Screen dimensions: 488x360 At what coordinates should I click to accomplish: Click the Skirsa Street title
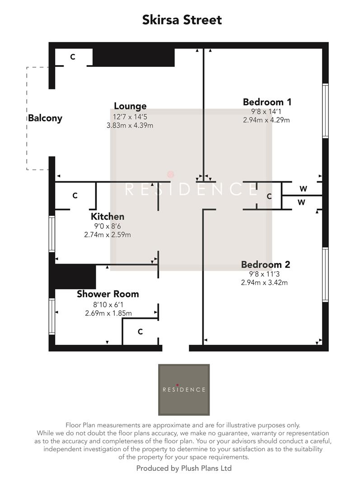click(x=182, y=20)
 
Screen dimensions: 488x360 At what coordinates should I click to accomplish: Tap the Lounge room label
click(x=130, y=106)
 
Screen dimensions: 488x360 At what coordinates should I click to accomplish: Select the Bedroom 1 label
click(x=267, y=102)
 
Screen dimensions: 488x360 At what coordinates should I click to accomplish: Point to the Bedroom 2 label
click(x=265, y=265)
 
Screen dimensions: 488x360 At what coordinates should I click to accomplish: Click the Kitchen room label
click(x=108, y=217)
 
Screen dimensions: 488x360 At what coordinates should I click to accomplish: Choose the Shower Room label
click(x=108, y=294)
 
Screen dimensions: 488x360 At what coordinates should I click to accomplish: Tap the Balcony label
click(x=45, y=118)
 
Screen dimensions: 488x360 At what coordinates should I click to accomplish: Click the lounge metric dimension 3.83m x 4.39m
click(x=130, y=125)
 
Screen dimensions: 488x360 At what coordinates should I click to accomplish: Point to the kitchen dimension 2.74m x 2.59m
click(x=108, y=235)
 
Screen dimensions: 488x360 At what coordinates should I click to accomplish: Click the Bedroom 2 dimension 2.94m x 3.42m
click(x=265, y=283)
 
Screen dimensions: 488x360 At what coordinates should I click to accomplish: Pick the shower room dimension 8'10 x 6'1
click(x=108, y=304)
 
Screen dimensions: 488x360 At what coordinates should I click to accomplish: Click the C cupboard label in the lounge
click(x=72, y=57)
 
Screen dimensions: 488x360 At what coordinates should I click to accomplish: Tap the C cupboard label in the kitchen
click(x=75, y=196)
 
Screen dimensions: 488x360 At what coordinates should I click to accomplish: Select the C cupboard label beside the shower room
click(x=140, y=332)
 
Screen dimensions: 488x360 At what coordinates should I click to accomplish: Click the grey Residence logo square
click(x=184, y=389)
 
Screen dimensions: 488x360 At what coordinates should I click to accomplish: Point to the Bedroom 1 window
click(x=325, y=111)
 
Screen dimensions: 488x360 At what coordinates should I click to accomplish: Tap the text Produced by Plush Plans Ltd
click(x=184, y=468)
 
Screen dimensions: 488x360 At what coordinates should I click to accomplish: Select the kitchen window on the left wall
click(x=52, y=234)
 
